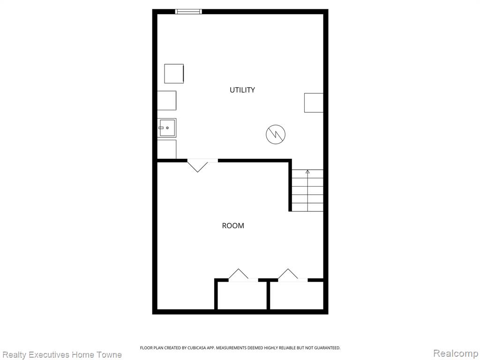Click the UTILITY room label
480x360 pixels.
[x=242, y=90]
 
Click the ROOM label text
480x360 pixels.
[x=233, y=225]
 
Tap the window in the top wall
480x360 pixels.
[x=188, y=12]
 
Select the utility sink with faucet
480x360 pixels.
[x=167, y=127]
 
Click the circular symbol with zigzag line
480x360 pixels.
[x=276, y=134]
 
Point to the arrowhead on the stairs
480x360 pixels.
[x=307, y=172]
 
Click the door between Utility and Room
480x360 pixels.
[x=202, y=165]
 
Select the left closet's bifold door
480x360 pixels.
[x=243, y=275]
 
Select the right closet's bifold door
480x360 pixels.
[x=292, y=275]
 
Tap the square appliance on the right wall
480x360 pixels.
[x=314, y=103]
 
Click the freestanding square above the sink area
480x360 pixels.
[x=174, y=74]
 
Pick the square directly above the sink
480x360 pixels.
[x=167, y=100]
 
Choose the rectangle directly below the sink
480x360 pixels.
[x=167, y=149]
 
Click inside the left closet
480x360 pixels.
[x=242, y=295]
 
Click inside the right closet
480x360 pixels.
[x=297, y=295]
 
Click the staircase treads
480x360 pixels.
[x=307, y=190]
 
